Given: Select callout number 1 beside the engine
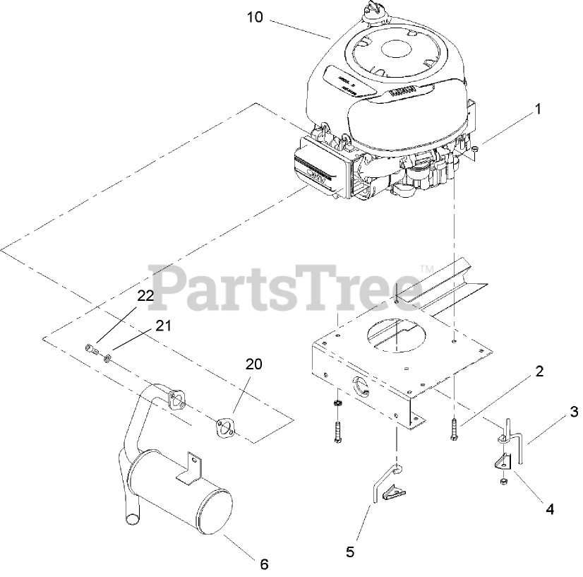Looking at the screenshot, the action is (538, 109).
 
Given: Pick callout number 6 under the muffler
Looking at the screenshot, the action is (263, 564).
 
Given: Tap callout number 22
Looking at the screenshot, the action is (145, 297).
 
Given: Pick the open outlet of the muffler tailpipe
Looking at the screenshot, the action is (131, 521).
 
